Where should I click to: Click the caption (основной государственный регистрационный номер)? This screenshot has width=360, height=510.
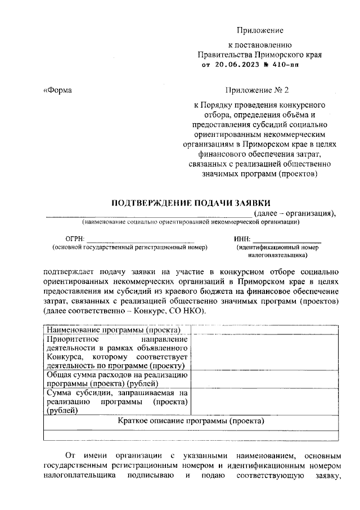click(129, 247)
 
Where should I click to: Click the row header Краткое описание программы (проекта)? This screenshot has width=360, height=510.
click(191, 420)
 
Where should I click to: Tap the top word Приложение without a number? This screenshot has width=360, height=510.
click(259, 30)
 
